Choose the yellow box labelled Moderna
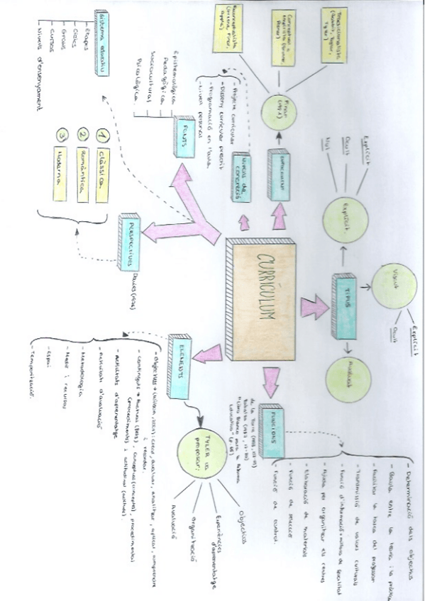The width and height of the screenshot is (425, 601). click(x=60, y=170)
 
